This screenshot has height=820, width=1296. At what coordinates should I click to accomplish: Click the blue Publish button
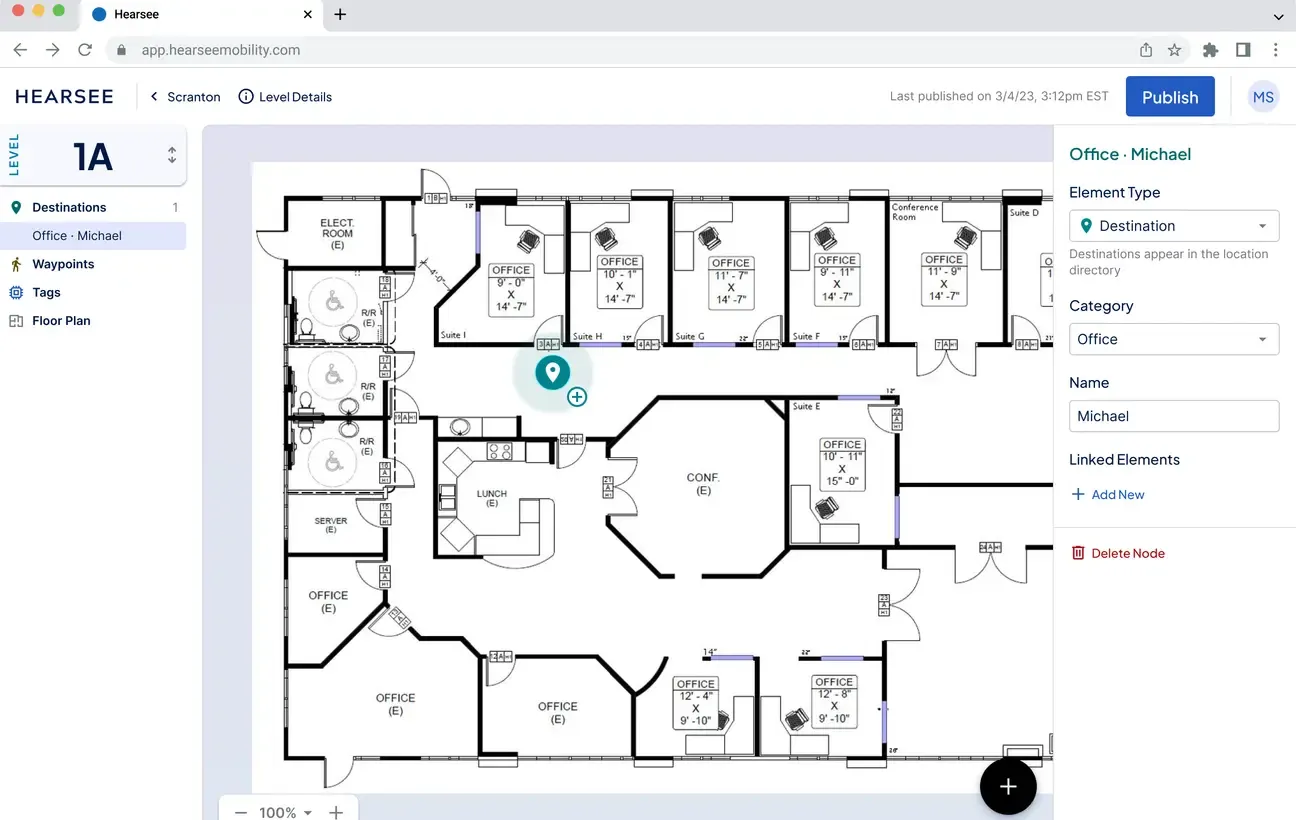[x=1170, y=97]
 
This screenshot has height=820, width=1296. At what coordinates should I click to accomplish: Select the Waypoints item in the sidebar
[x=63, y=264]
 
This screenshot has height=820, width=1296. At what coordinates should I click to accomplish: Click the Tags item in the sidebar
[x=46, y=293]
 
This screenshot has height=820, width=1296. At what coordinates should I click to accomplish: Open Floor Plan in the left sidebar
[x=61, y=321]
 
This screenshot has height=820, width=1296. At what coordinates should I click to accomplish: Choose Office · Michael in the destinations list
[x=77, y=236]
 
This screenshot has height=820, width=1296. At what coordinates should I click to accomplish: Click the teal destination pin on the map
[x=551, y=372]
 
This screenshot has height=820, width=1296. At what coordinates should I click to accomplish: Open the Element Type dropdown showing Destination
[x=1174, y=226]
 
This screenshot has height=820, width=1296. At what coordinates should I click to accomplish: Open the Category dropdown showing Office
[x=1174, y=339]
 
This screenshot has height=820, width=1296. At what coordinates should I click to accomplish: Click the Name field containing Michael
[x=1174, y=416]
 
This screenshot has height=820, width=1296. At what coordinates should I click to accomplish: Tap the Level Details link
[x=285, y=97]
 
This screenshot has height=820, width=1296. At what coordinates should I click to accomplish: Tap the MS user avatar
[x=1263, y=97]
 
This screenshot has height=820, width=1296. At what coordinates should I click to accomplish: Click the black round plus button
[x=1008, y=787]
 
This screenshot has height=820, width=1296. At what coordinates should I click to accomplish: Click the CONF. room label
[x=703, y=484]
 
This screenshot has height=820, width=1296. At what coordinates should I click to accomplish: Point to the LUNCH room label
[x=491, y=498]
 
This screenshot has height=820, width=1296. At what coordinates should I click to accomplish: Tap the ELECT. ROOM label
[x=337, y=233]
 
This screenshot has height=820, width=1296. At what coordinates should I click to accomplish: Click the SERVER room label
[x=331, y=525]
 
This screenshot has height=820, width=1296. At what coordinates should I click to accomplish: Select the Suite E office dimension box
[x=841, y=463]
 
